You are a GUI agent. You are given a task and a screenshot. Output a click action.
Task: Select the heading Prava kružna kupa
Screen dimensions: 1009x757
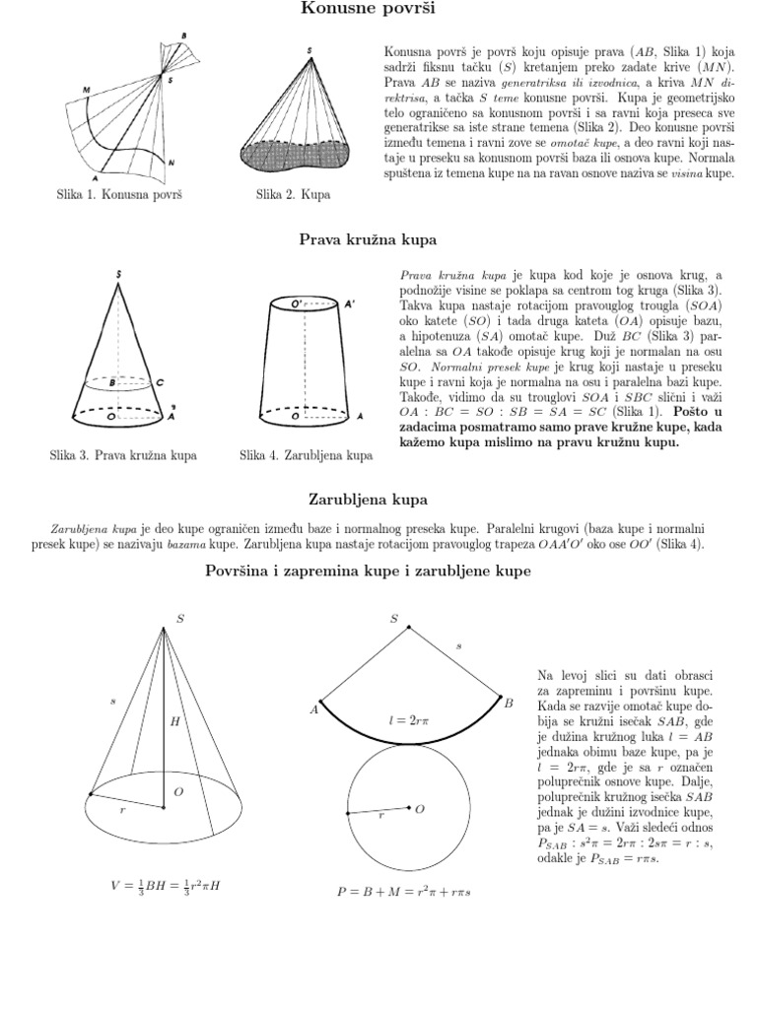368,239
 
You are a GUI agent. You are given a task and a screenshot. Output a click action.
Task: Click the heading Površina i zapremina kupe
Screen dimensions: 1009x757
368,571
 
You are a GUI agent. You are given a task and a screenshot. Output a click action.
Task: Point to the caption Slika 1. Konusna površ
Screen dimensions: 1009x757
119,194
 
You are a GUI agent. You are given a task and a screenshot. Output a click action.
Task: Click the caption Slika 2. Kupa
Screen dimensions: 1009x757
293,194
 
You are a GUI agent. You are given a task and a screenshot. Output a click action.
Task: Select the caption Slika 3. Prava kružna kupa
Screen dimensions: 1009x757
123,455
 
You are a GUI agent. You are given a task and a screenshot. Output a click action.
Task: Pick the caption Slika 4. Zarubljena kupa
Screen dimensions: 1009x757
306,455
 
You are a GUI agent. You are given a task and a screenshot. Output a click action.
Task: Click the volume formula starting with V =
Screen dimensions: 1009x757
166,886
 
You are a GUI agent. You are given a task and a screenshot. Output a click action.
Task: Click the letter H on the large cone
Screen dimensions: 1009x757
175,721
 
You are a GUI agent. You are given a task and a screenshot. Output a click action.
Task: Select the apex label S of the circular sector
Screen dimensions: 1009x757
394,619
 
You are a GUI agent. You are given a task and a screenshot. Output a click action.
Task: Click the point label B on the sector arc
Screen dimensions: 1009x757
510,703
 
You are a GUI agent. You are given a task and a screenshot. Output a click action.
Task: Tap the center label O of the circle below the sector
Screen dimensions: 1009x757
419,809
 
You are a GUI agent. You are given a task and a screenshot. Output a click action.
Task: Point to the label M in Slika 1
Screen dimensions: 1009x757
86,90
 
